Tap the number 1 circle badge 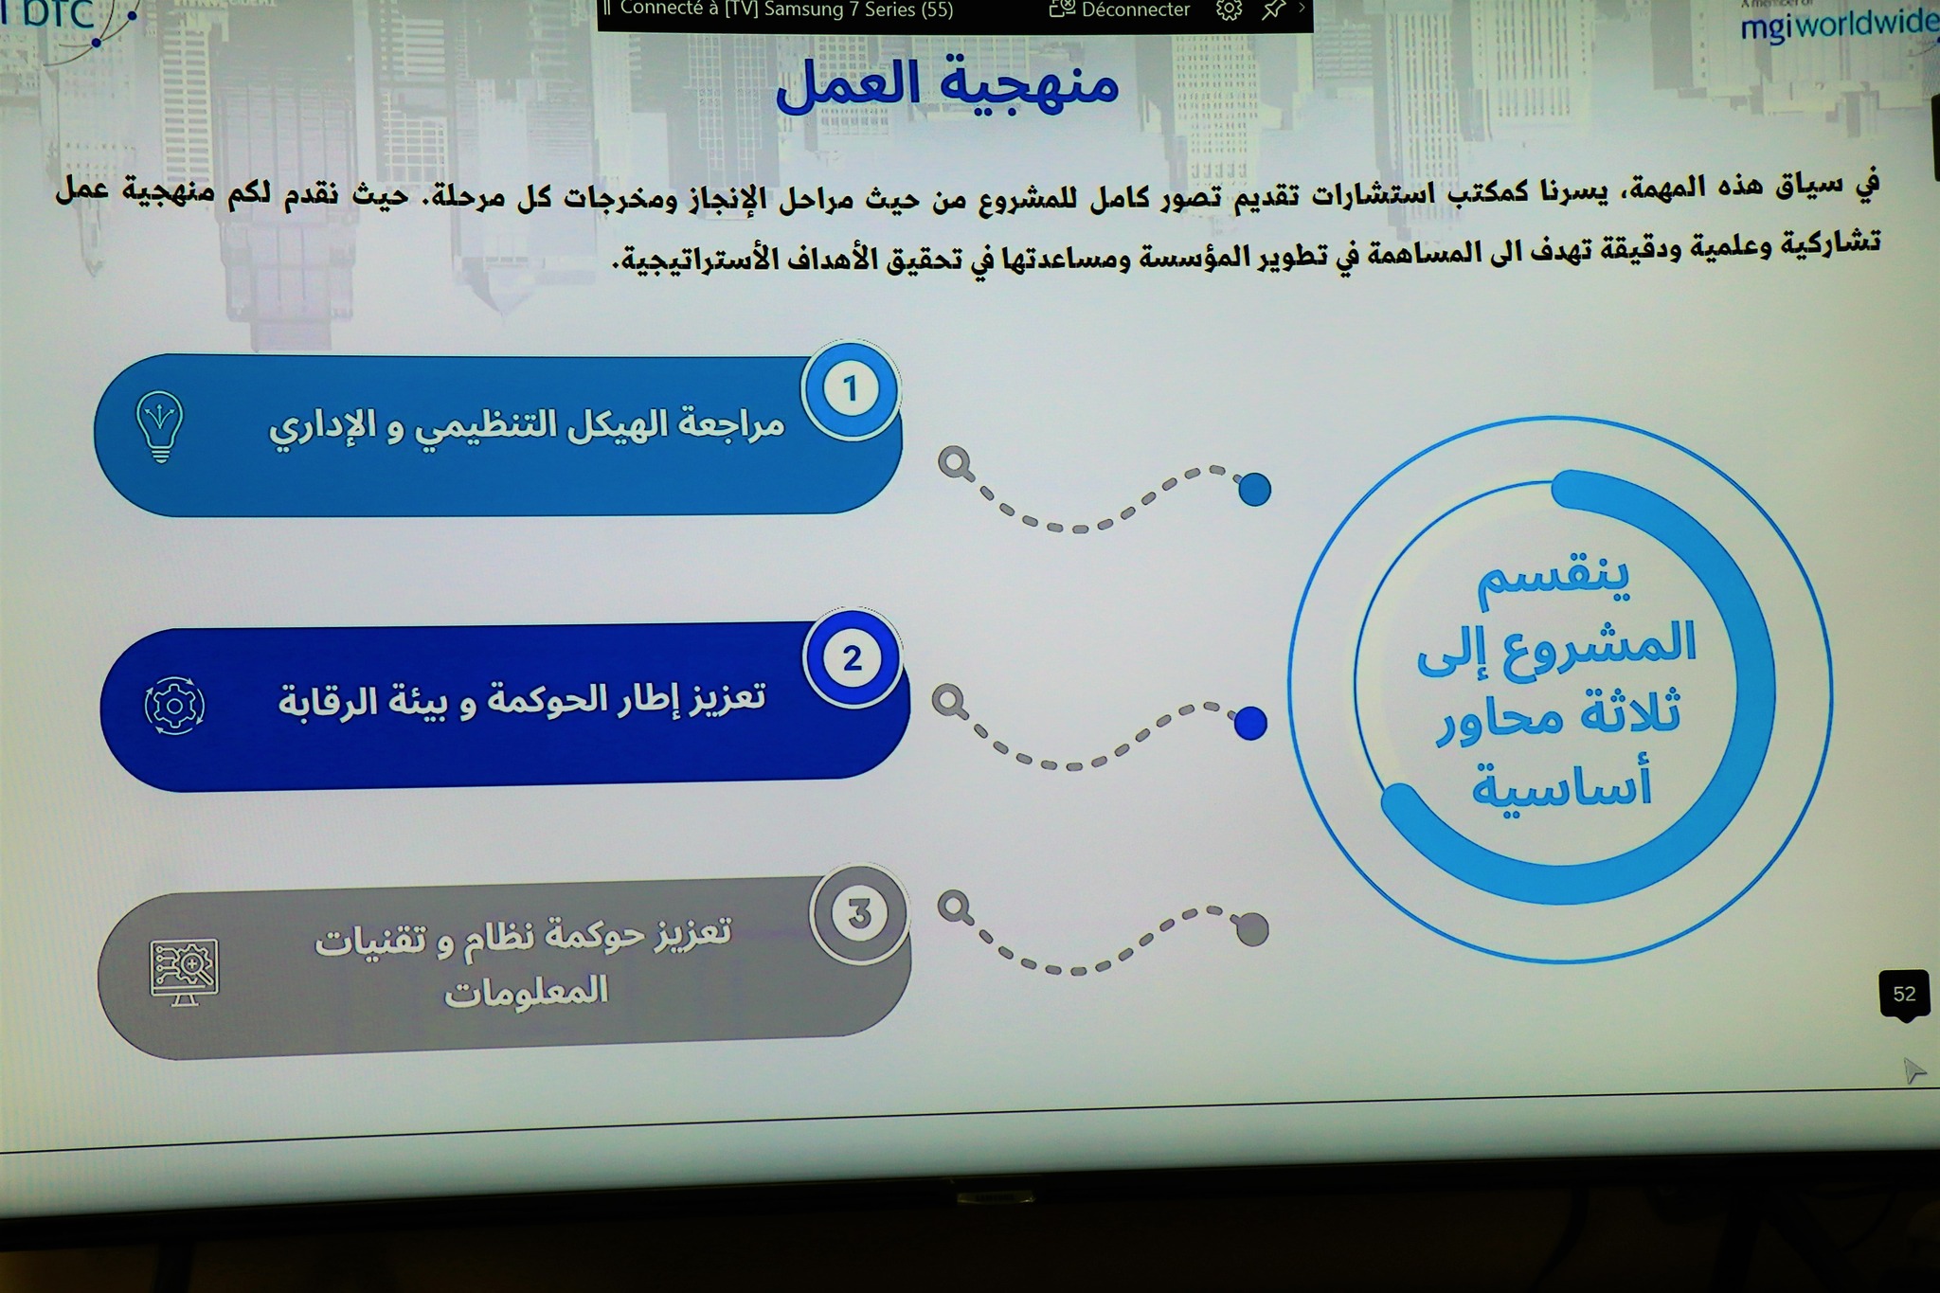851,389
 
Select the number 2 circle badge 853,658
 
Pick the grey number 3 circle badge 858,914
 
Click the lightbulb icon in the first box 160,427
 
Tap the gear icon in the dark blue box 174,706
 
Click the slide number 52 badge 1904,995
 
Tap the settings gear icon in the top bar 1229,9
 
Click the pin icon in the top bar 1274,9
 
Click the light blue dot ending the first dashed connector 1254,490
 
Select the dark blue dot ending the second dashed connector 1250,723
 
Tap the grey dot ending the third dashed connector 1252,929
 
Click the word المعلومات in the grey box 526,992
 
